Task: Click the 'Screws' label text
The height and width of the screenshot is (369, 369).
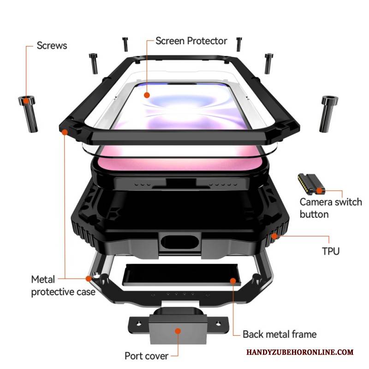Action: (52, 46)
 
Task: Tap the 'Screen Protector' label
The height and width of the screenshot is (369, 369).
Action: (191, 41)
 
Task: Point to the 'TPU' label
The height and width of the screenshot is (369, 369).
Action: (330, 251)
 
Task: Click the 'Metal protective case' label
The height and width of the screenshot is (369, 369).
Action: (63, 286)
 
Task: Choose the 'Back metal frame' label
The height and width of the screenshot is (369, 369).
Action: (280, 334)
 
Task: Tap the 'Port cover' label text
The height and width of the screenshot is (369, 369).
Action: (146, 356)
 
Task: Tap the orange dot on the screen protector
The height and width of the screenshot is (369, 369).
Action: (147, 95)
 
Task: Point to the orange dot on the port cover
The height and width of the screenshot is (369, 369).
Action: (178, 331)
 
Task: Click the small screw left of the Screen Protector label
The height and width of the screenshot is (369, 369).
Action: (125, 44)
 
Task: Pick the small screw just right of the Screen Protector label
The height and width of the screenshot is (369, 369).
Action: (238, 44)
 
